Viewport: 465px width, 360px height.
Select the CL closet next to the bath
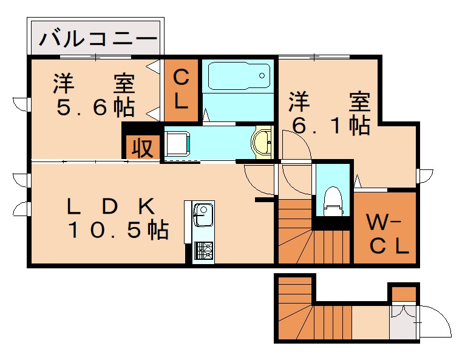pyautogui.click(x=181, y=90)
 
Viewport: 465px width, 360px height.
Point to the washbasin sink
pyautogui.click(x=263, y=143)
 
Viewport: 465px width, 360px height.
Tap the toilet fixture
pyautogui.click(x=333, y=200)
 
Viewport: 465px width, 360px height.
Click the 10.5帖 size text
pyautogui.click(x=118, y=230)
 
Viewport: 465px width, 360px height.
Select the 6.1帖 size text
pyautogui.click(x=331, y=124)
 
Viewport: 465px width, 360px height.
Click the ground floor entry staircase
pyautogui.click(x=310, y=316)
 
